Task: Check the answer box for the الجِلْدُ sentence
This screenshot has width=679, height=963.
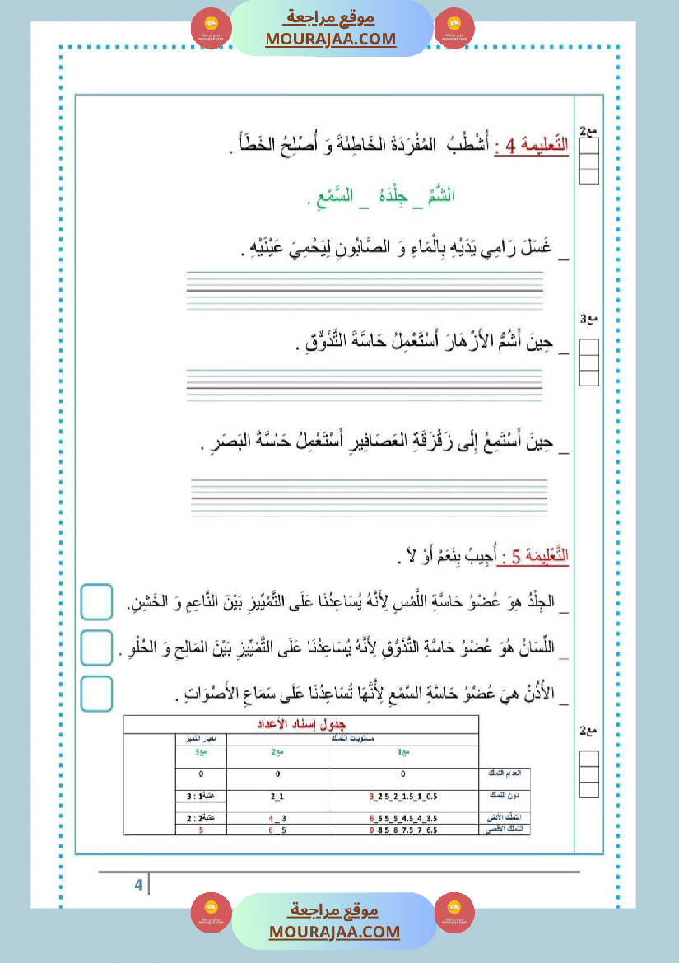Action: coord(97,601)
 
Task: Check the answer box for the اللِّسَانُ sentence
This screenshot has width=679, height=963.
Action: coord(97,647)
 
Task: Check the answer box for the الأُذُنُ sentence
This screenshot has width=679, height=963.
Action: coord(97,694)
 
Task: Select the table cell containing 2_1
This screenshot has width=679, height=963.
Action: coord(277,797)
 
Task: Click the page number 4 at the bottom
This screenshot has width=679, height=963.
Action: coord(138,885)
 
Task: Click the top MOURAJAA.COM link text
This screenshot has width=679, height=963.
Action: coord(330,39)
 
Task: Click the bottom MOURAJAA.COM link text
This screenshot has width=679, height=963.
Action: coord(334,932)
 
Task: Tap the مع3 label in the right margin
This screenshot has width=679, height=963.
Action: coord(588,318)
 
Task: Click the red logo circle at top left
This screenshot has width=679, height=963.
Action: coord(211,28)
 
